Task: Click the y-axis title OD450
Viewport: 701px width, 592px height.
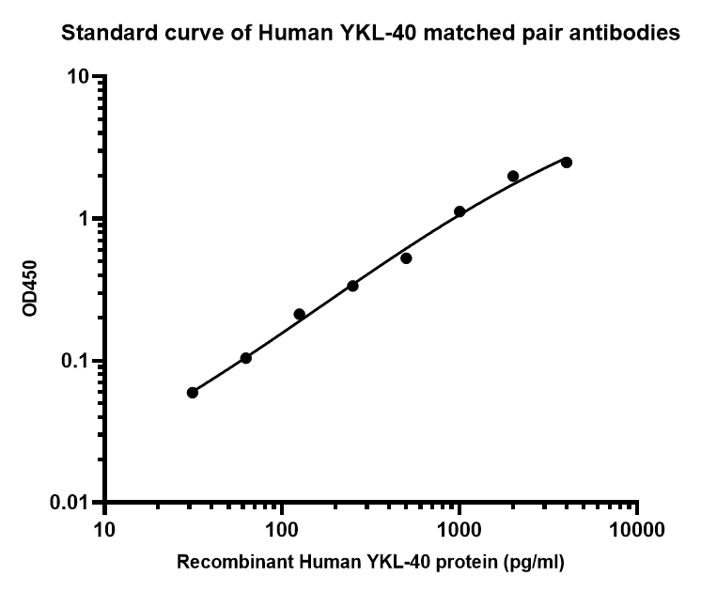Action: pos(31,288)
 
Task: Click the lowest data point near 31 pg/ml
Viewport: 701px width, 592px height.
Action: pos(193,393)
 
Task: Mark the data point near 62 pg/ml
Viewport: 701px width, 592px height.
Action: pos(246,358)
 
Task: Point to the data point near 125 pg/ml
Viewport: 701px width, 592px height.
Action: pos(300,314)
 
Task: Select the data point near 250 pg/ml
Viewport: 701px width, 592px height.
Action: pos(352,286)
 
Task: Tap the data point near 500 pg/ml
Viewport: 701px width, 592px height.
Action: pos(406,257)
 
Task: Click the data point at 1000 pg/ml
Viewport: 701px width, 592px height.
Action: pos(460,211)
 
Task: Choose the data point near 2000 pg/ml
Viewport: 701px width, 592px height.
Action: pos(513,176)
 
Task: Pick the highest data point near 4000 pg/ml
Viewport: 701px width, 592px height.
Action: pos(567,163)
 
